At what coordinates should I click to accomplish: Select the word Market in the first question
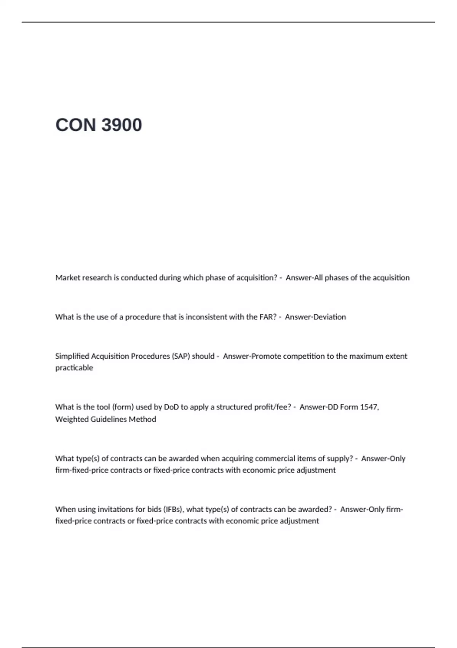68,278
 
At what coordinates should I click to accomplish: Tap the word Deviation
330,317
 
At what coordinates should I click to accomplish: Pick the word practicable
74,368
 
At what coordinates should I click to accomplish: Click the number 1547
369,407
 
